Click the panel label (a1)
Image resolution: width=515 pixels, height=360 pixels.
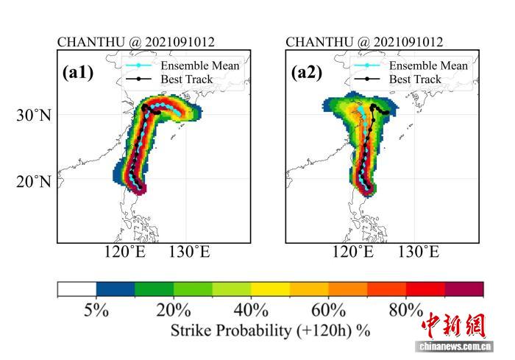[78, 72]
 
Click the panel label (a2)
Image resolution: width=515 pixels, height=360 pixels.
[307, 72]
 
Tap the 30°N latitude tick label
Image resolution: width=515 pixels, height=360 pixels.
[34, 115]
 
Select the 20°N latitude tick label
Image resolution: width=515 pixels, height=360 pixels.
[34, 181]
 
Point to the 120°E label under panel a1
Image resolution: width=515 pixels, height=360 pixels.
[125, 253]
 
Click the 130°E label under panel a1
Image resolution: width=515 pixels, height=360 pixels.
[190, 253]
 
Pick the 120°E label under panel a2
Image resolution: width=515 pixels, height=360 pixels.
[353, 253]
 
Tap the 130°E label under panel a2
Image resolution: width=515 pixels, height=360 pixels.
[419, 253]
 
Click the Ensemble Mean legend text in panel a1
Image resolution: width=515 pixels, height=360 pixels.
[199, 66]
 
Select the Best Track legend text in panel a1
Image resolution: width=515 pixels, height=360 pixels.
[187, 80]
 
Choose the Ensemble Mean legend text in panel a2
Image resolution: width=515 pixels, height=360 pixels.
[428, 66]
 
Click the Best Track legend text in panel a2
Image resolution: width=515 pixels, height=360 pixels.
[415, 80]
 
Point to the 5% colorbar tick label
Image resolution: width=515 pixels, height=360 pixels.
[96, 310]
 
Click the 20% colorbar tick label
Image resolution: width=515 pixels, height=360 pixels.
[174, 310]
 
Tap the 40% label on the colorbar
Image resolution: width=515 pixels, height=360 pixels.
[251, 310]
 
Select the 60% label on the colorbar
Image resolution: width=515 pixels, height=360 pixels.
[328, 310]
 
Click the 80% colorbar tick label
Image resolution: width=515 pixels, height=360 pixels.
[406, 310]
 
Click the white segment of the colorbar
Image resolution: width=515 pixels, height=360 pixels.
[77, 289]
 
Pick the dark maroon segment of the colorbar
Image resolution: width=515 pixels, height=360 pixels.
[464, 289]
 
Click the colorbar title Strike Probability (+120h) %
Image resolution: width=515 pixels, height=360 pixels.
[270, 331]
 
